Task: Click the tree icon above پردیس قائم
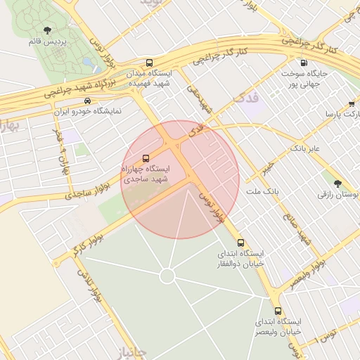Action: tap(47, 30)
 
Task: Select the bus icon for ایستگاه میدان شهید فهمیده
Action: tap(148, 62)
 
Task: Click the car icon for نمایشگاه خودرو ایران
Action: tap(87, 101)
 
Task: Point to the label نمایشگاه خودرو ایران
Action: tap(88, 112)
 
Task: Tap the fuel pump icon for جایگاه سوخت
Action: tap(303, 62)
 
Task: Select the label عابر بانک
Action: tap(305, 149)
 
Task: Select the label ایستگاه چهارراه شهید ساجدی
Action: tap(146, 174)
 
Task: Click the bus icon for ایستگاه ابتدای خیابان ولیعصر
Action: tap(278, 310)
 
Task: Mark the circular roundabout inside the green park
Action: tap(167, 276)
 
